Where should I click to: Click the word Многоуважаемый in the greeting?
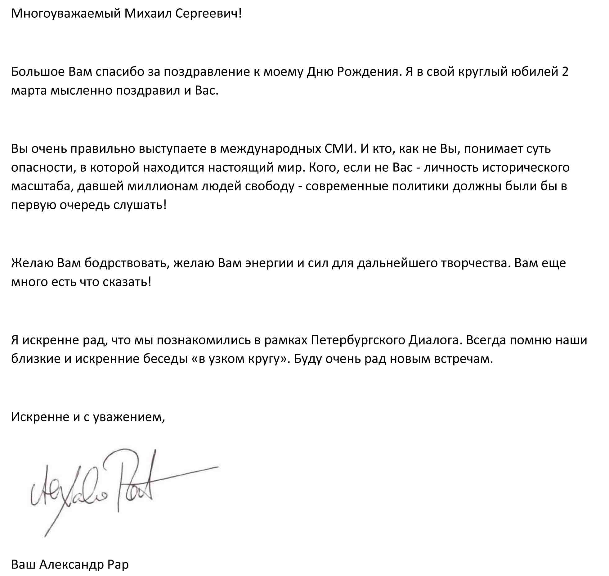[66, 14]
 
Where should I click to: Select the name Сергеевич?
[208, 14]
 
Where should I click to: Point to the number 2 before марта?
[565, 72]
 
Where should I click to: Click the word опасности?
[44, 168]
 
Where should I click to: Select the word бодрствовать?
[127, 263]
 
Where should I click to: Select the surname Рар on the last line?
[118, 564]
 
